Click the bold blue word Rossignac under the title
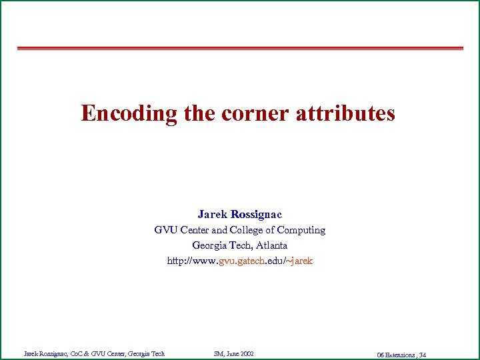256,214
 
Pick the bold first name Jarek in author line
212,214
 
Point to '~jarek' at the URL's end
299,261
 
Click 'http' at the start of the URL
177,261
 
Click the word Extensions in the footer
400,355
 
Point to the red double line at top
240,48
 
